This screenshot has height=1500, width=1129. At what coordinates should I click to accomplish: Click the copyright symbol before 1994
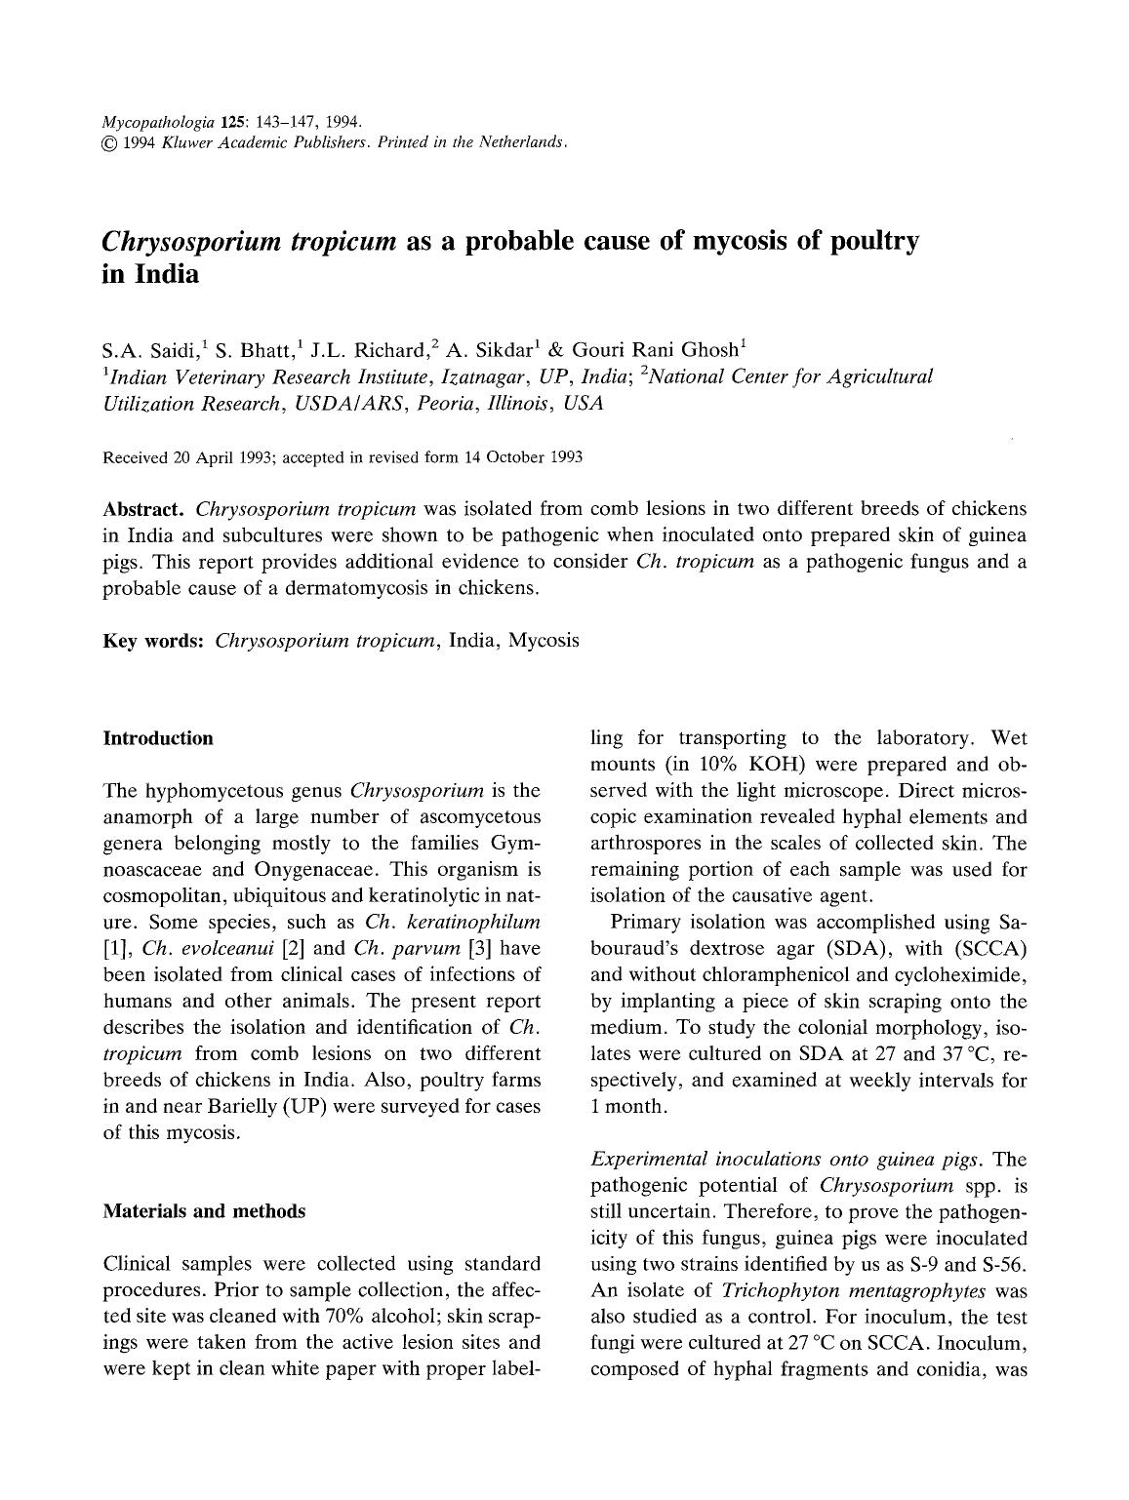pos(109,142)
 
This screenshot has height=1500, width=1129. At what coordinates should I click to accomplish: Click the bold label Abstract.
pos(144,509)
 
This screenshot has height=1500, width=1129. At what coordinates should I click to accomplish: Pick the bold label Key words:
pos(153,641)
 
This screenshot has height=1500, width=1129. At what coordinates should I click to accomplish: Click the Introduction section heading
pos(158,738)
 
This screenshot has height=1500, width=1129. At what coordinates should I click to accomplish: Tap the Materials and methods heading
pos(204,1211)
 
